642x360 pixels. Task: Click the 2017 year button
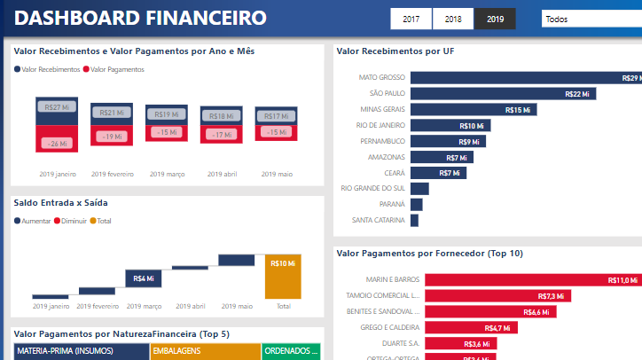click(411, 19)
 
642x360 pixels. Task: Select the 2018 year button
click(453, 19)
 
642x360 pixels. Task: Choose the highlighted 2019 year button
click(496, 19)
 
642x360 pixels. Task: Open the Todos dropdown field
click(590, 19)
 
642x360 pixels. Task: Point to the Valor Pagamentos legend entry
click(116, 69)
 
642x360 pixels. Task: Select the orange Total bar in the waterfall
click(283, 277)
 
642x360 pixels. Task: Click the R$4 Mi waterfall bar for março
click(143, 278)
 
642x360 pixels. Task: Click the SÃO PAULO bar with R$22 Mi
click(503, 93)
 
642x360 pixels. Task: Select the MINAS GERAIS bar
click(472, 110)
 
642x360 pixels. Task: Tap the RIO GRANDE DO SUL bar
click(419, 188)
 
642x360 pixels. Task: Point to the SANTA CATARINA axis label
click(379, 220)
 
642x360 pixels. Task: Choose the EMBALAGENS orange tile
click(204, 351)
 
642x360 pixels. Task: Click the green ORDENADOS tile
click(290, 351)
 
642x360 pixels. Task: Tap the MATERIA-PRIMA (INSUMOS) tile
click(80, 351)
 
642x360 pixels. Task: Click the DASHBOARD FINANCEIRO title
click(141, 18)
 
